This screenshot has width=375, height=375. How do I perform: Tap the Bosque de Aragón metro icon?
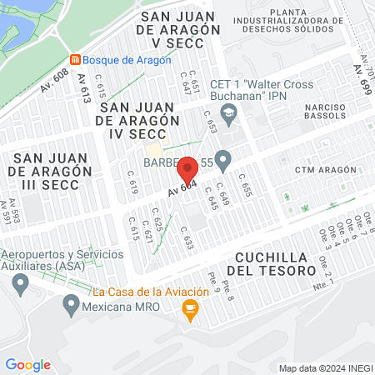click(76, 60)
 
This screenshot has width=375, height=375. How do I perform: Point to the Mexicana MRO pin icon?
click(71, 306)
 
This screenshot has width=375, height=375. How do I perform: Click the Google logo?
click(27, 364)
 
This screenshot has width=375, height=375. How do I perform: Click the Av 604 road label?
click(182, 187)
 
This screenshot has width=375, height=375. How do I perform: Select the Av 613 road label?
click(83, 88)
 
